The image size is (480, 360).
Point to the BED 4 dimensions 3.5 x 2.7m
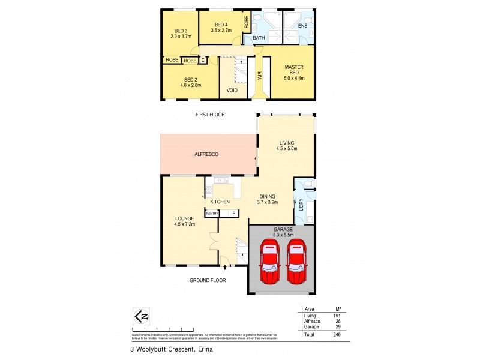220,29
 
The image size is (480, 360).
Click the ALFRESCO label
206,154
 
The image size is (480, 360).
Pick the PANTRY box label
212,213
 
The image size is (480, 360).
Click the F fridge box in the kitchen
233,213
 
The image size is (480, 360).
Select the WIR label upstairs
260,77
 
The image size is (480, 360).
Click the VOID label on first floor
232,91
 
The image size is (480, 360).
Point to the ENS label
302,25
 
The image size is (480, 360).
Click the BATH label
259,38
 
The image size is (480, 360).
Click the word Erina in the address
202,349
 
